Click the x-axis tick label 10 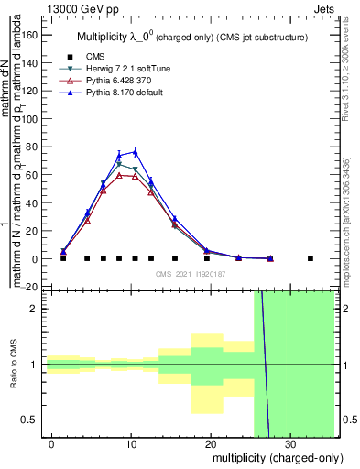(x=131, y=444)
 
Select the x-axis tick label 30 (x=289, y=444)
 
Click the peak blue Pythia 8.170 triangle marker (x=135, y=151)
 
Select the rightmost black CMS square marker (x=310, y=258)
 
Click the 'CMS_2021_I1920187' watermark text (x=190, y=274)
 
